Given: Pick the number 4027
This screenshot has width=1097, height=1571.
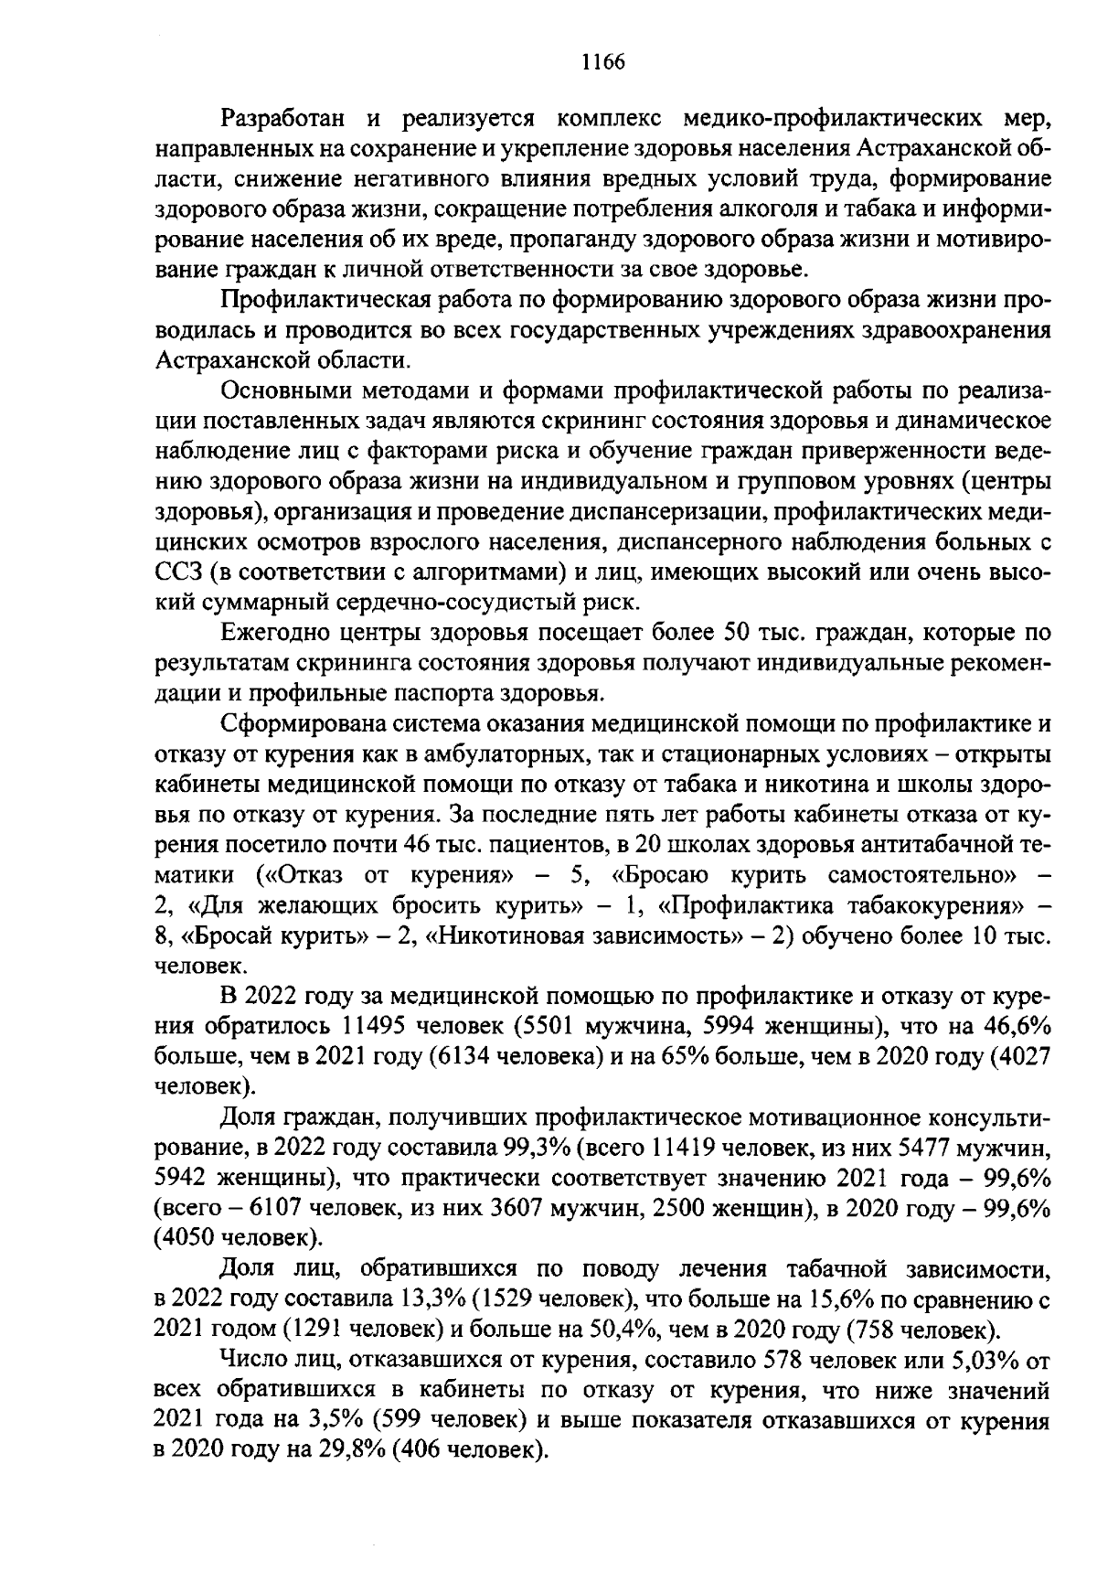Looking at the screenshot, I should (x=1023, y=1054).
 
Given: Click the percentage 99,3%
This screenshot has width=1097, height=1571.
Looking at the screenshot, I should (x=530, y=1146).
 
